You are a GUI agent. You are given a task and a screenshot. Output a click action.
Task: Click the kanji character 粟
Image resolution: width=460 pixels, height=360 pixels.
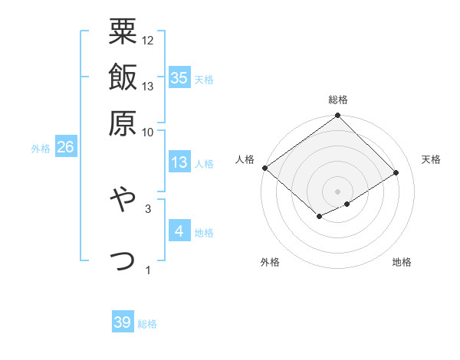pyautogui.click(x=123, y=31)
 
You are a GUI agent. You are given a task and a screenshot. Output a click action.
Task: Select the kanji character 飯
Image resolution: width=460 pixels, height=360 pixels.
pyautogui.click(x=123, y=77)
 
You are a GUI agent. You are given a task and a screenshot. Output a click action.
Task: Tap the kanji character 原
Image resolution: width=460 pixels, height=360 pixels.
pyautogui.click(x=123, y=123)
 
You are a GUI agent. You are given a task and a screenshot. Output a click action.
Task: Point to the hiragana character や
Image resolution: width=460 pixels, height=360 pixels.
pyautogui.click(x=123, y=200)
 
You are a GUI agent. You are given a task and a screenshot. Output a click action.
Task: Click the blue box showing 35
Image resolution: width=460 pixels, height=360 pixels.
pyautogui.click(x=179, y=77)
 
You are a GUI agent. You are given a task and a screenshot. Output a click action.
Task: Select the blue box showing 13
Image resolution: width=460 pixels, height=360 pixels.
pyautogui.click(x=179, y=162)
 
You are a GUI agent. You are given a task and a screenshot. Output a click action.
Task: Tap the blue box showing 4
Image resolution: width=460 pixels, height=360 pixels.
pyautogui.click(x=179, y=231)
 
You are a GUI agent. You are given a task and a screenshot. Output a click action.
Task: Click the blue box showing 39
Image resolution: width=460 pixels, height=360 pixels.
pyautogui.click(x=123, y=322)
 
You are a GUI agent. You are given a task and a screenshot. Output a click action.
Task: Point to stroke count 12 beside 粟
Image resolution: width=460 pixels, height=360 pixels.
pyautogui.click(x=148, y=40)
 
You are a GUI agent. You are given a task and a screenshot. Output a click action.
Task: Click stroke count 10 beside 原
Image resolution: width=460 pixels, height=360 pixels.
pyautogui.click(x=148, y=132)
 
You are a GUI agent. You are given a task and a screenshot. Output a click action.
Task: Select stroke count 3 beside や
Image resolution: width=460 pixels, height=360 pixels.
pyautogui.click(x=148, y=208)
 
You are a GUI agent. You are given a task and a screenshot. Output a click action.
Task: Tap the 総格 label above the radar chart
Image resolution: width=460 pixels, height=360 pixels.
pyautogui.click(x=338, y=100)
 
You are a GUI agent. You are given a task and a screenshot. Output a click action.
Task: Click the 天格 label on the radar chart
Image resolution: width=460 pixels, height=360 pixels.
pyautogui.click(x=431, y=159)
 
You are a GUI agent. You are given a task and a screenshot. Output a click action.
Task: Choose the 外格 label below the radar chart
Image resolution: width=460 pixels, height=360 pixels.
pyautogui.click(x=270, y=262)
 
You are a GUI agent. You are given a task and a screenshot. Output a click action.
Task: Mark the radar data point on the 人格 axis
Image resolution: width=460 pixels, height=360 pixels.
pyautogui.click(x=264, y=168)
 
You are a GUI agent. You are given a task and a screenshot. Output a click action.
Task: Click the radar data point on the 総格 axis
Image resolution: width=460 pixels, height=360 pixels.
pyautogui.click(x=338, y=116)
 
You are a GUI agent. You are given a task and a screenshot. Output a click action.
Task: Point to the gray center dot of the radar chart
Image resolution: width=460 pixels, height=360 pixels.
pyautogui.click(x=338, y=190)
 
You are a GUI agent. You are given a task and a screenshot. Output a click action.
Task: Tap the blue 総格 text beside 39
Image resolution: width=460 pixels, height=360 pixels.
pyautogui.click(x=147, y=324)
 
